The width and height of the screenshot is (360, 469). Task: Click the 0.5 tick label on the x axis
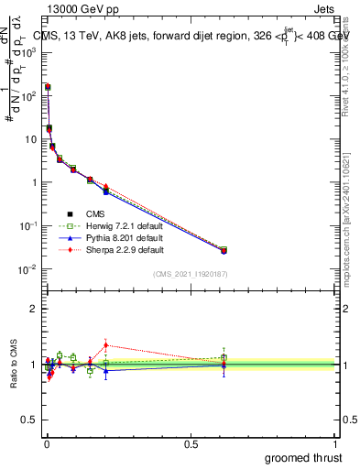click(191, 444)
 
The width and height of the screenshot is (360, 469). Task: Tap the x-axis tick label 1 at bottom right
click(336, 444)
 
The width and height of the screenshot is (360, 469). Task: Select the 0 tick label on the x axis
click(46, 444)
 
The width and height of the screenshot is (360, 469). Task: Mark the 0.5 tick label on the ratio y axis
click(30, 420)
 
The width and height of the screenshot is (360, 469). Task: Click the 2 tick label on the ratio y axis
click(34, 309)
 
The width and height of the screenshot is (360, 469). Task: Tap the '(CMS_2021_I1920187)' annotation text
click(190, 274)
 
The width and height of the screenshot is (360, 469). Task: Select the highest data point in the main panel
click(47, 87)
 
